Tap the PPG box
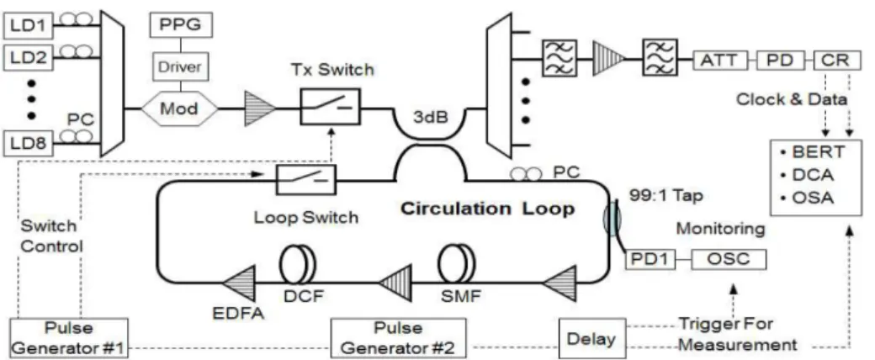[x=180, y=25]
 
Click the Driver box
[x=180, y=68]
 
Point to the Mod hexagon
[x=180, y=108]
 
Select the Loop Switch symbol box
[x=306, y=179]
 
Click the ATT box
[x=718, y=60]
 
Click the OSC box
[x=729, y=259]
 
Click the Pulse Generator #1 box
[x=69, y=337]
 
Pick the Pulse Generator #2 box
[x=398, y=337]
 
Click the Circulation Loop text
[x=488, y=209]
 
